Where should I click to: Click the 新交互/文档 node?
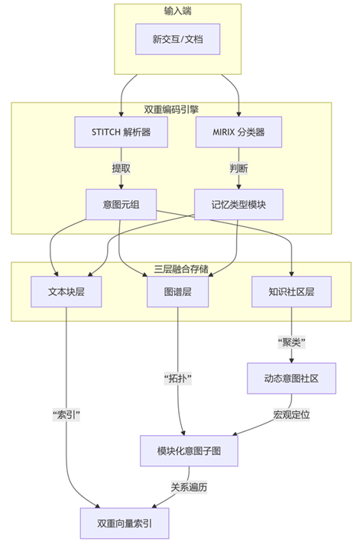[x=178, y=39]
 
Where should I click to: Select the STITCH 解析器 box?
[x=121, y=131]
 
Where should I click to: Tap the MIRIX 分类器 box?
[x=238, y=131]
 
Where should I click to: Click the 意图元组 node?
[x=121, y=204]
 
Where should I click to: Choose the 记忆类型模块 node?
[x=238, y=204]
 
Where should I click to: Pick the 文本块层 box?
[x=66, y=291]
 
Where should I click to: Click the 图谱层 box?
[x=178, y=291]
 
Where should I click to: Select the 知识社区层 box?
[x=290, y=291]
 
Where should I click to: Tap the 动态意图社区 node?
[x=290, y=378]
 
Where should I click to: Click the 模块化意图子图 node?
[x=188, y=450]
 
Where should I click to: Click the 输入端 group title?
[x=178, y=11]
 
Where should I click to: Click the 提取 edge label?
[x=121, y=168]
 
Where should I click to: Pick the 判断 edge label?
[x=238, y=168]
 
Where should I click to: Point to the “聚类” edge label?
[x=290, y=342]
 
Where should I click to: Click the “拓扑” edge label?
[x=178, y=378]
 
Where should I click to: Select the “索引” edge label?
[x=66, y=414]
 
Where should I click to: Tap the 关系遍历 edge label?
[x=187, y=486]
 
